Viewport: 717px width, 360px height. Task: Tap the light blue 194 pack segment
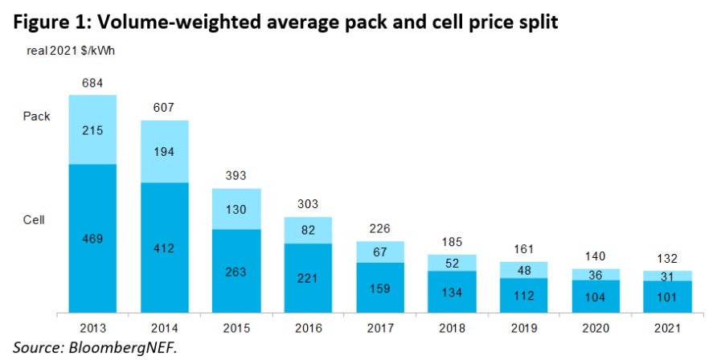[165, 152]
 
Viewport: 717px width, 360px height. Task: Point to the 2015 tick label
[236, 329]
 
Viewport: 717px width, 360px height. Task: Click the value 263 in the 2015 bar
[236, 271]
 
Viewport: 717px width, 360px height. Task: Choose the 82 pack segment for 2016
[308, 231]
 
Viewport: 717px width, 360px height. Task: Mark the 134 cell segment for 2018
[451, 292]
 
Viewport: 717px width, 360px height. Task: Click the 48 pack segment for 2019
[522, 270]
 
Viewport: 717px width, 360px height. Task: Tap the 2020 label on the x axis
[594, 329]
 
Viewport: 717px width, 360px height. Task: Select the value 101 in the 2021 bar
[666, 297]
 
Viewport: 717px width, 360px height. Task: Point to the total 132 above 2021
[666, 258]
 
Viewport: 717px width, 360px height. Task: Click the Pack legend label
[36, 116]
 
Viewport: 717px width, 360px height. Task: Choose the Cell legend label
[34, 219]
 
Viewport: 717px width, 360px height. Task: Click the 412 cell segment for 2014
[165, 249]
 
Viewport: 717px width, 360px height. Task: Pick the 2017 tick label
[379, 329]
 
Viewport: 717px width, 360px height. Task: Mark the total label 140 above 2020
[594, 256]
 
